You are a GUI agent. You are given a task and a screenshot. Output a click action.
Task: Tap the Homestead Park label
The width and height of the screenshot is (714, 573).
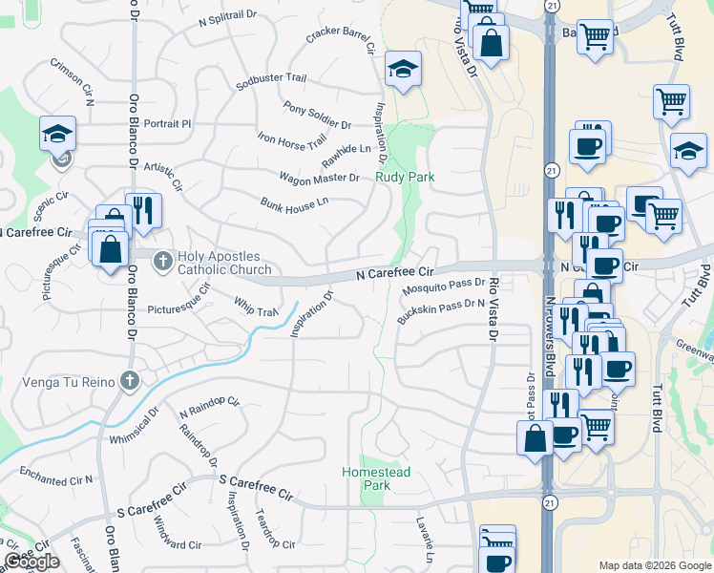pos(376,478)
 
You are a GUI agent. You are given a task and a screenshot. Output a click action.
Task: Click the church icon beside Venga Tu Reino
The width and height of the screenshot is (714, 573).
pos(130,383)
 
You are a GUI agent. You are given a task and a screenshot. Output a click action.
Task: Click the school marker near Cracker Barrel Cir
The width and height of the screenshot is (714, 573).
pos(404,69)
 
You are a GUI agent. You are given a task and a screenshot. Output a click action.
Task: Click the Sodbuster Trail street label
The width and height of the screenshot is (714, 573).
pos(271,82)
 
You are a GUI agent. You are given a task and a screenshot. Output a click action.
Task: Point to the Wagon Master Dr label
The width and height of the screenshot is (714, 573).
pos(319,178)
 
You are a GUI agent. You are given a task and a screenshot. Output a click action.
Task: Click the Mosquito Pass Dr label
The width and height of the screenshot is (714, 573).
pos(444,285)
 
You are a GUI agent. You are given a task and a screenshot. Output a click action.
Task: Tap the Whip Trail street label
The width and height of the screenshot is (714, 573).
pos(255,308)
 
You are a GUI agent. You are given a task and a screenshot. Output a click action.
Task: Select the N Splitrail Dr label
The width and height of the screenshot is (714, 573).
pos(228,17)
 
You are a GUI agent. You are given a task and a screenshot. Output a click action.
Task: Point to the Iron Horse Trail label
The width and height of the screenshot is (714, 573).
pos(292,140)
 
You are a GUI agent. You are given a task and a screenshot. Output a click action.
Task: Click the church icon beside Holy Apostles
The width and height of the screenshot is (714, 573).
pos(163,260)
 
